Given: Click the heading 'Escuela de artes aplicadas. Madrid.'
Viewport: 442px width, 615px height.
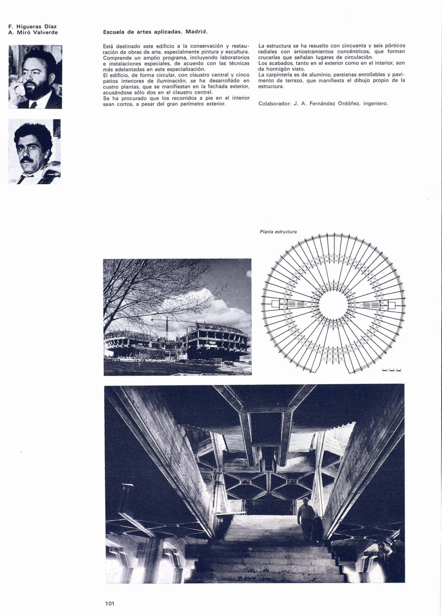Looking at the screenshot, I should [x=155, y=32].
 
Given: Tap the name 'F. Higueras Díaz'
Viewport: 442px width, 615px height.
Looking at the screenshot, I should [x=33, y=26].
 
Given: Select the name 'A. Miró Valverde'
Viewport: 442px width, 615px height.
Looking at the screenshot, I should [x=33, y=32].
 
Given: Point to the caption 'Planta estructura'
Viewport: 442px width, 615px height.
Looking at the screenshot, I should [x=278, y=232].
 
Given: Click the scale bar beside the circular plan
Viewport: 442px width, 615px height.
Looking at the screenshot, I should [x=392, y=370].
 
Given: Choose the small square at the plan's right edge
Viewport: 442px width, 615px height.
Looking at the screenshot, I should [x=392, y=305].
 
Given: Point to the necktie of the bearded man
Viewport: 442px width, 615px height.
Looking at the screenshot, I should [x=34, y=105].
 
